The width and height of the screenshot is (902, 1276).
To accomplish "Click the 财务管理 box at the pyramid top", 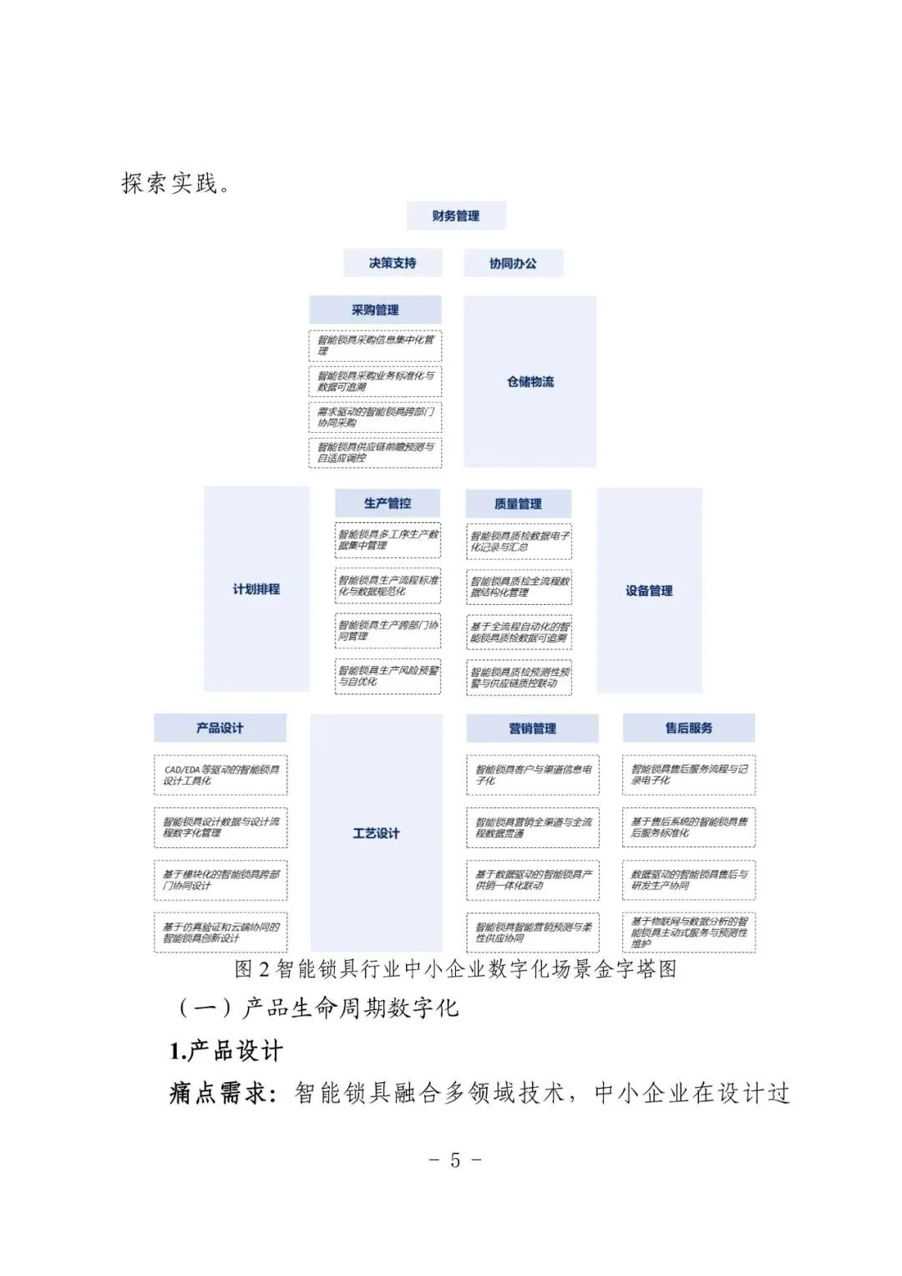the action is [x=456, y=216].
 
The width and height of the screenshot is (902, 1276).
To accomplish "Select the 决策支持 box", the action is [x=393, y=263].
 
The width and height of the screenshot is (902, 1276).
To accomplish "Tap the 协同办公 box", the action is [x=513, y=263].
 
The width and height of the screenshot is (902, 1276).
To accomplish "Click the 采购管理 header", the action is [x=375, y=310].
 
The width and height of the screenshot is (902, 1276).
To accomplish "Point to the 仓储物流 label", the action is [x=530, y=382].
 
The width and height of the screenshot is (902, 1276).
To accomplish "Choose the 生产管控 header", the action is [x=388, y=503].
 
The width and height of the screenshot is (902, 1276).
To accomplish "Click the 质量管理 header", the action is [x=518, y=504].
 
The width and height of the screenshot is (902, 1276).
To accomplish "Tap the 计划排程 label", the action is [x=256, y=589].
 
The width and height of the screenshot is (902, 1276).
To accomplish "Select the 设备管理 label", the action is [x=649, y=591].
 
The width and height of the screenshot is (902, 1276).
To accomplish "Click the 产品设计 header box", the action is [x=220, y=728].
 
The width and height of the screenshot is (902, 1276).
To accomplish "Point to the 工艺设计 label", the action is [x=376, y=833].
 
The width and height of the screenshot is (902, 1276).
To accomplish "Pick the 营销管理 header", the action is [x=532, y=729].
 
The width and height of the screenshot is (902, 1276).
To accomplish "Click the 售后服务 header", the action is [x=688, y=728].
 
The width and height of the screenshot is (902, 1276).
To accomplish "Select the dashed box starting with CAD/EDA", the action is [x=220, y=775].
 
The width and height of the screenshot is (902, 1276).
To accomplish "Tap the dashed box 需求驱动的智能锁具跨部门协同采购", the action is [x=375, y=417].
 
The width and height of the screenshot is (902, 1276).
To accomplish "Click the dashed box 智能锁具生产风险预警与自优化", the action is [x=388, y=676].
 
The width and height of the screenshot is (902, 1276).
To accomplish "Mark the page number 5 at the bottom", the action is [x=455, y=1160].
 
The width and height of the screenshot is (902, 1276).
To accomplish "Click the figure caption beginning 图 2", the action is [x=455, y=969].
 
